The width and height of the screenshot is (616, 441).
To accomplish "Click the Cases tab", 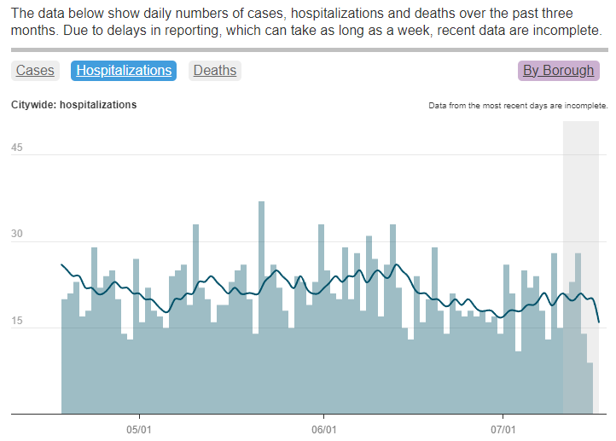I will coord(35,71).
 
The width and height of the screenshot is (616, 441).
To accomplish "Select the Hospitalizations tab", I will coord(124,71).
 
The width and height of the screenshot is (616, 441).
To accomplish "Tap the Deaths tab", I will coord(215,71).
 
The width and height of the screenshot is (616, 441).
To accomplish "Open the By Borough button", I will coord(559,71).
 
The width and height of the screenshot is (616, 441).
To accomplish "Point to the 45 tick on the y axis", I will coord(17,148).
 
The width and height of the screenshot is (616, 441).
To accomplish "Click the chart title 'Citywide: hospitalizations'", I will coord(73,105).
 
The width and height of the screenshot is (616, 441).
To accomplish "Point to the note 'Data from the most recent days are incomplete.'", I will coord(518,106).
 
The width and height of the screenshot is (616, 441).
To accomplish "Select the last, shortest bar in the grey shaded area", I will coord(589,388).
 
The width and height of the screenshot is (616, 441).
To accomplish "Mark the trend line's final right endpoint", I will coord(599,322).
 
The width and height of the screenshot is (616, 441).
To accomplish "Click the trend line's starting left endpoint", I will coord(61,264).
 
